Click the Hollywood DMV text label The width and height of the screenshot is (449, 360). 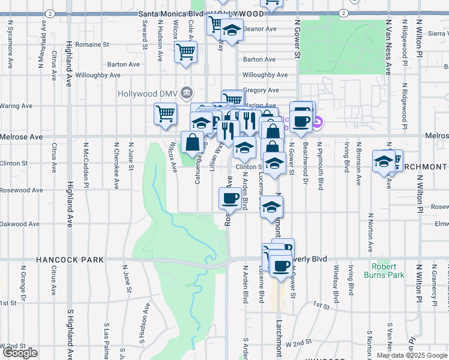[x=148, y=94]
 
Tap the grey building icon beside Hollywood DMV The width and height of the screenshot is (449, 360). [x=187, y=92]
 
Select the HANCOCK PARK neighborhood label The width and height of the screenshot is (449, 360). [x=70, y=260]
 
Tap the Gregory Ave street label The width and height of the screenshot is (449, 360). [x=261, y=91]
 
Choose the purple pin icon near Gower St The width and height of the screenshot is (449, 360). [x=318, y=124]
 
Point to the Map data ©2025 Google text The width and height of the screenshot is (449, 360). [x=411, y=355]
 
